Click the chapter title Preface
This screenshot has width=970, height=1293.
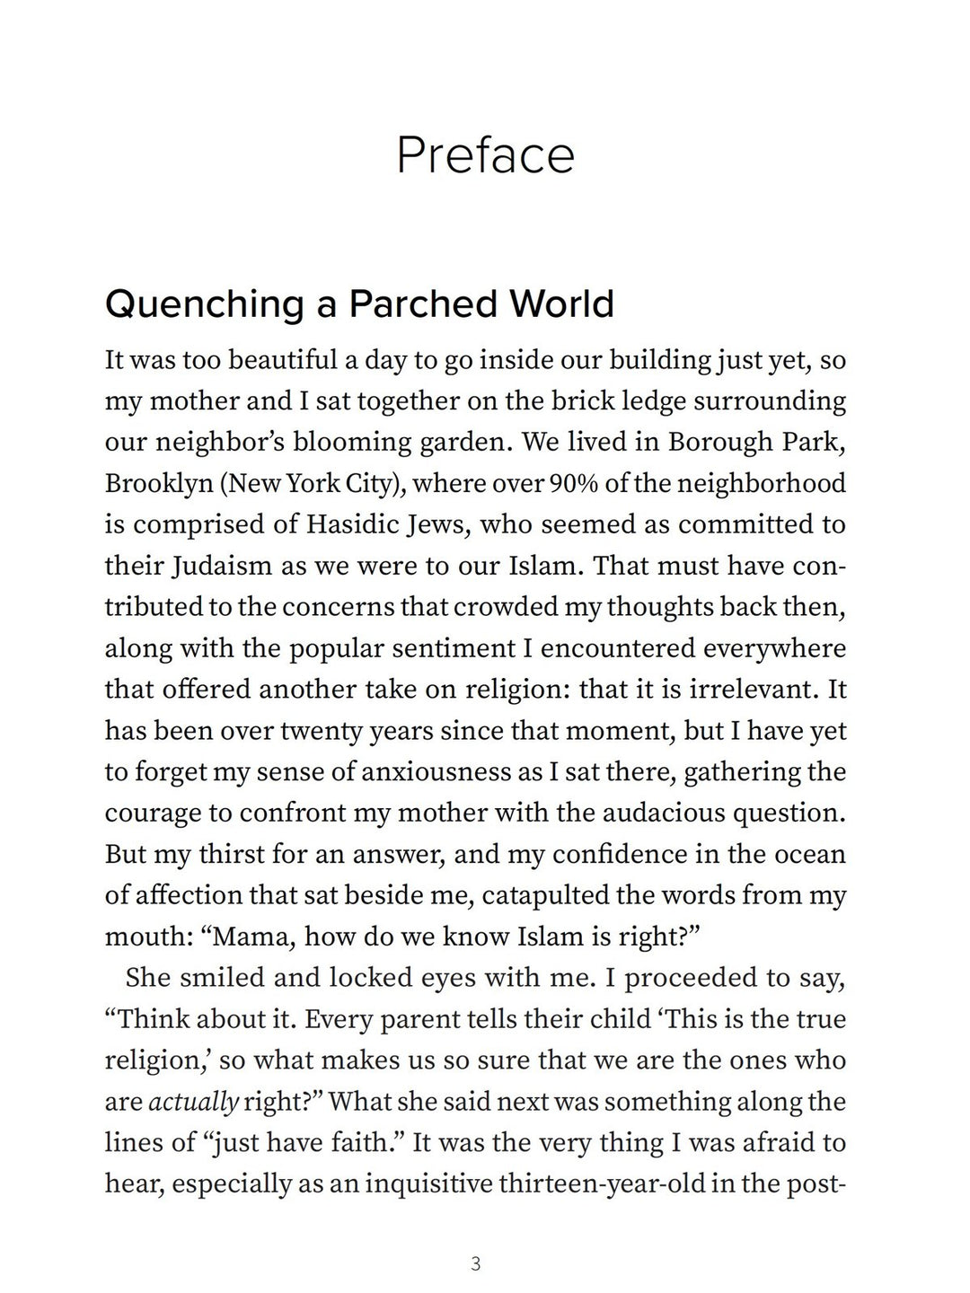coord(485,155)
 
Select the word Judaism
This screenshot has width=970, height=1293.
coord(220,567)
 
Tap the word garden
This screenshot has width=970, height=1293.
coord(461,443)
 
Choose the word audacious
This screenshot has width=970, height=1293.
coord(673,814)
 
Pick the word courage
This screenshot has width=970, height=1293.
coord(152,814)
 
